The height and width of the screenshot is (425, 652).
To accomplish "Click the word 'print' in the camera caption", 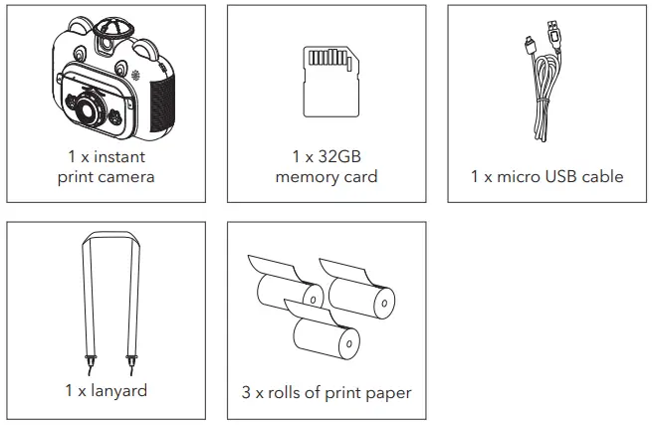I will click(77, 177).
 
